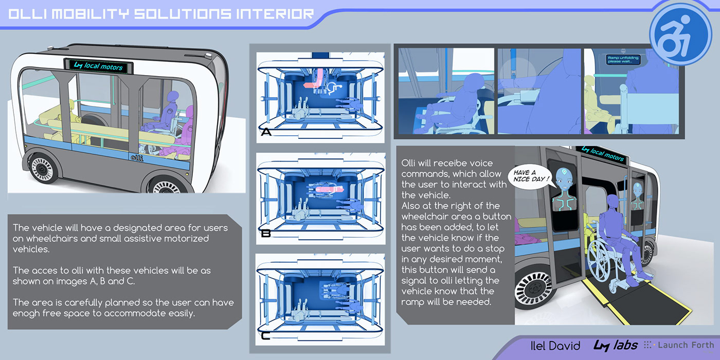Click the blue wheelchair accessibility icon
tap(680, 34)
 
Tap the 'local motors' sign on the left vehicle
tap(98, 66)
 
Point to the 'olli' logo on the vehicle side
tap(137, 158)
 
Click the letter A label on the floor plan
tap(266, 132)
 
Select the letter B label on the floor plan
tap(266, 233)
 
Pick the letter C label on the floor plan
tap(265, 336)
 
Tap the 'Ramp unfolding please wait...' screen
tap(623, 60)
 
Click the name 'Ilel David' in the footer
tap(555, 346)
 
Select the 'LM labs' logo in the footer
tap(616, 345)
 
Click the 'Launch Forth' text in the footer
tap(686, 345)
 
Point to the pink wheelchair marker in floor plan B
tap(330, 189)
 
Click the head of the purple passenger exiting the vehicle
tap(613, 201)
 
